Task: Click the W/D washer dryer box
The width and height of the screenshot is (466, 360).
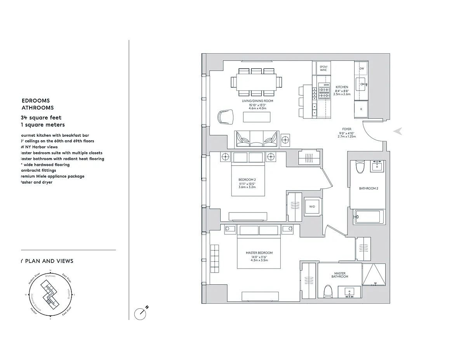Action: pyautogui.click(x=312, y=207)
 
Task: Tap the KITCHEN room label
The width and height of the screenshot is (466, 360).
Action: pyautogui.click(x=342, y=87)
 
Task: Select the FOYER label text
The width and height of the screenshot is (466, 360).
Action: pyautogui.click(x=346, y=129)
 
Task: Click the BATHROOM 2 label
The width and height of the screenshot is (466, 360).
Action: pyautogui.click(x=368, y=188)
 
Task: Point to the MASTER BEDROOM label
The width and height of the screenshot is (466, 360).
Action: pyautogui.click(x=259, y=253)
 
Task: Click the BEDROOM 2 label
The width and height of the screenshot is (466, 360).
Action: pyautogui.click(x=247, y=179)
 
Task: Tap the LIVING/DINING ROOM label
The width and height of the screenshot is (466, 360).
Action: pyautogui.click(x=258, y=101)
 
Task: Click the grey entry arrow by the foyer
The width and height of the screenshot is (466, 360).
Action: pyautogui.click(x=397, y=132)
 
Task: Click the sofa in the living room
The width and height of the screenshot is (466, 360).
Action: pyautogui.click(x=257, y=138)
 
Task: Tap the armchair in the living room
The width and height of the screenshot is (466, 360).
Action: pyautogui.click(x=226, y=117)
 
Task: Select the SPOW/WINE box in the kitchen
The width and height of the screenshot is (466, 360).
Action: pyautogui.click(x=323, y=68)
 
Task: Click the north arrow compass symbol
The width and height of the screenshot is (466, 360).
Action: pyautogui.click(x=140, y=313)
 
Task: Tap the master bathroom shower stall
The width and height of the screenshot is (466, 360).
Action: pyautogui.click(x=375, y=275)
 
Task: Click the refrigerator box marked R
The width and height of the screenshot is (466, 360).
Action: pyautogui.click(x=361, y=109)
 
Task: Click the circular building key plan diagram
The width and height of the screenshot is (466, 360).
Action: pyautogui.click(x=50, y=294)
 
